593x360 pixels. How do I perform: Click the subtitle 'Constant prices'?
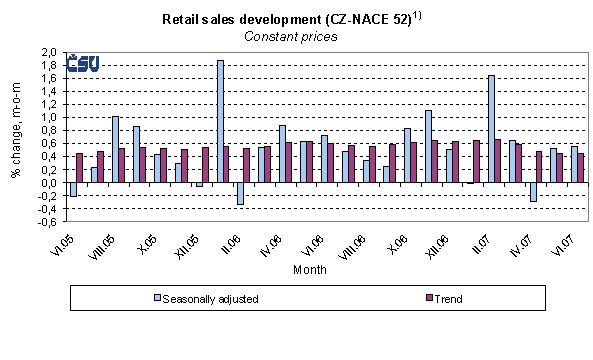click(x=290, y=36)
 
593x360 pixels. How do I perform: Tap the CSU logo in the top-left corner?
click(x=82, y=64)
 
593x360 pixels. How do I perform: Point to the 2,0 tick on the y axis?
click(x=47, y=52)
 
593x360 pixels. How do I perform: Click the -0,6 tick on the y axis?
click(x=45, y=222)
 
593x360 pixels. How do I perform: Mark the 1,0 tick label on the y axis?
click(x=47, y=117)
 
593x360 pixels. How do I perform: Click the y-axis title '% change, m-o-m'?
click(x=16, y=137)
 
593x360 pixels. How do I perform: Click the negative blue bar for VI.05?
click(x=73, y=189)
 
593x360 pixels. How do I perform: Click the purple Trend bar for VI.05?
click(x=80, y=168)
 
